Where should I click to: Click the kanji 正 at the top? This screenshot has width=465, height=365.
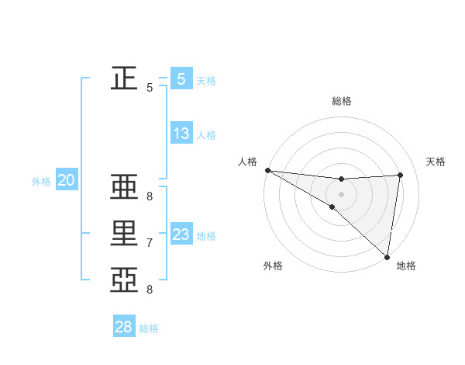point(124,78)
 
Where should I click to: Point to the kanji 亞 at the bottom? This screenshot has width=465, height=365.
point(124,280)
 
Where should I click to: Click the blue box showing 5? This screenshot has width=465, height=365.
point(181,78)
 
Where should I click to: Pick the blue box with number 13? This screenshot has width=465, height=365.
point(181,134)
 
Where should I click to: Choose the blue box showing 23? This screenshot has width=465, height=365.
point(181,235)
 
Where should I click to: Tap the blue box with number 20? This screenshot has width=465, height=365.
point(66,181)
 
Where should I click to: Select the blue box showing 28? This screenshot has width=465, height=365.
point(124,327)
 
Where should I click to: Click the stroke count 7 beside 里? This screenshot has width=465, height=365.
point(149,243)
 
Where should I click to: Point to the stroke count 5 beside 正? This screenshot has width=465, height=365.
point(149,88)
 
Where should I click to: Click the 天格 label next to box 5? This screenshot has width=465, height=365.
point(206,80)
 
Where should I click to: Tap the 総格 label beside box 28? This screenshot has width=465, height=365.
point(149,328)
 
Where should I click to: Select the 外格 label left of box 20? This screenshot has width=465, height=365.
point(41,182)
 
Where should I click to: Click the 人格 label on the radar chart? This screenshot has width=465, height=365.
point(247,162)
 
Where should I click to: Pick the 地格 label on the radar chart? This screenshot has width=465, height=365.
point(406,266)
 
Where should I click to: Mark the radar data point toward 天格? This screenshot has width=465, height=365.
point(401,175)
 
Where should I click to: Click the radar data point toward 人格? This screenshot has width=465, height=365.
point(267,170)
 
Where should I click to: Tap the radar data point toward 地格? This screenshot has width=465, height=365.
point(386,255)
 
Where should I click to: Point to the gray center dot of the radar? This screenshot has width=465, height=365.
point(341,193)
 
